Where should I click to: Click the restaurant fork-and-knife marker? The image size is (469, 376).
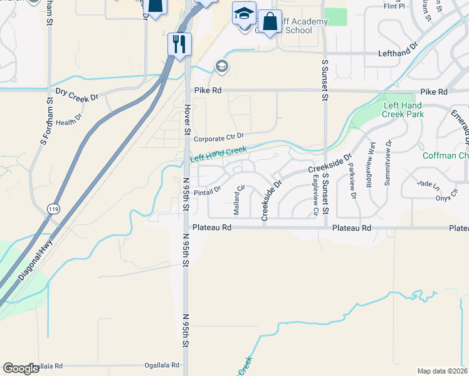pos(179,44)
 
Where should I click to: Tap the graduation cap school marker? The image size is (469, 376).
pos(244,13)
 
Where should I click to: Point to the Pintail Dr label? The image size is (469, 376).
pos(207,190)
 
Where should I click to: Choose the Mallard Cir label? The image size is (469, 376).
pos(240,196)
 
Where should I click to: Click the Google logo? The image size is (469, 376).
pos(21,368)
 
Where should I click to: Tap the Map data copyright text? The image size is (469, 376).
pos(442,371)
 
